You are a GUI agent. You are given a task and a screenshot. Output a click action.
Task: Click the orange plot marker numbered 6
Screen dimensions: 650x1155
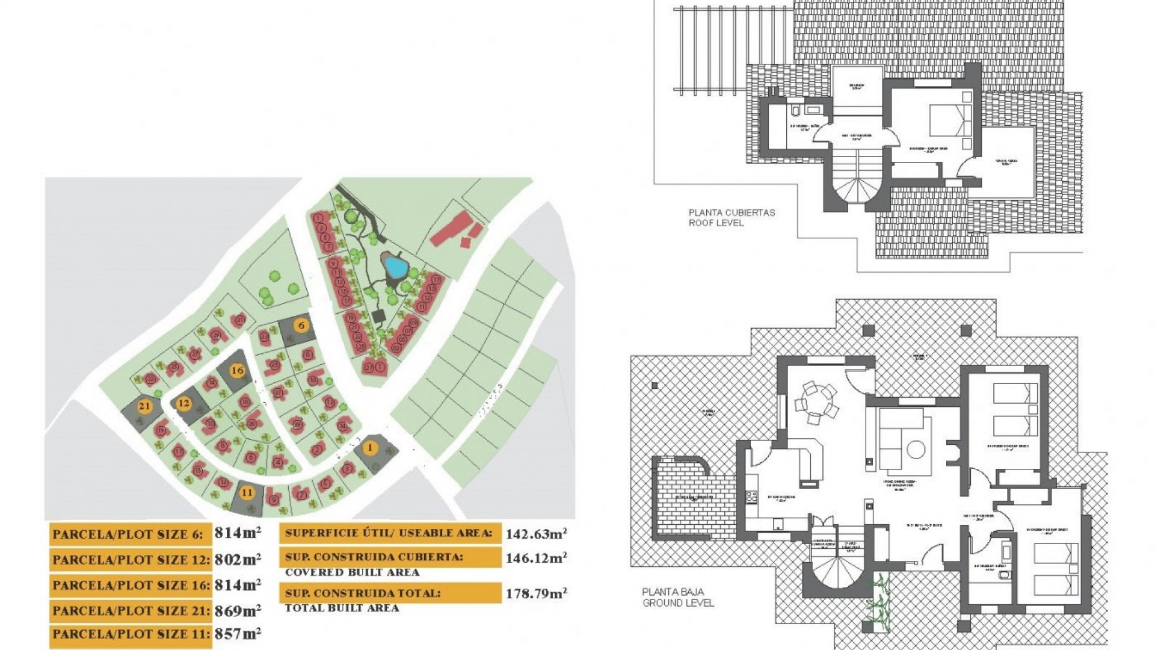pyautogui.click(x=301, y=326)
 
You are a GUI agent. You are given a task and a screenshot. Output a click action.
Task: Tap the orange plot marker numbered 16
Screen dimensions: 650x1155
pyautogui.click(x=237, y=370)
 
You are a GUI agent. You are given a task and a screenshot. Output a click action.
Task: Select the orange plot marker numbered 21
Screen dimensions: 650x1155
pyautogui.click(x=144, y=406)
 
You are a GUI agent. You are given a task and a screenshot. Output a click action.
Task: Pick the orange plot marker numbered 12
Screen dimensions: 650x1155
pyautogui.click(x=183, y=403)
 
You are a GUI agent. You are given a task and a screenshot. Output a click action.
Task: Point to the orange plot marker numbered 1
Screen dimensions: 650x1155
pyautogui.click(x=370, y=447)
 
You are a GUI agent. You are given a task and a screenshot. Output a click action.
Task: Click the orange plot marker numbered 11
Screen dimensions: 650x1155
pyautogui.click(x=247, y=492)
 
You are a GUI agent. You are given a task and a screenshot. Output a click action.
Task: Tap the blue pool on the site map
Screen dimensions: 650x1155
pyautogui.click(x=395, y=264)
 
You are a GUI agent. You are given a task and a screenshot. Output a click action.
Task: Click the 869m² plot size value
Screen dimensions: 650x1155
pyautogui.click(x=238, y=610)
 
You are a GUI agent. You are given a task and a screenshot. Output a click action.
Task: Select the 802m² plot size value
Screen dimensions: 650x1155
pyautogui.click(x=238, y=559)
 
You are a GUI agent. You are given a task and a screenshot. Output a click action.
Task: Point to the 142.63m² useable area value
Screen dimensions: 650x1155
pyautogui.click(x=535, y=534)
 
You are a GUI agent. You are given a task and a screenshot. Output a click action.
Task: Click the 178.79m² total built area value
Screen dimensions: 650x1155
pyautogui.click(x=535, y=593)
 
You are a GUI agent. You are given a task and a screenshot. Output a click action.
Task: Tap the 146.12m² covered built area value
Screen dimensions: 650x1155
pyautogui.click(x=535, y=558)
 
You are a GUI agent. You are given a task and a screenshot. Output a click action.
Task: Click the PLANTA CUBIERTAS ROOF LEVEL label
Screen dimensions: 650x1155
pyautogui.click(x=731, y=217)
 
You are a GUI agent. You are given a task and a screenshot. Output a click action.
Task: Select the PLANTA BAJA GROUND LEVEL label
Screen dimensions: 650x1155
pyautogui.click(x=678, y=597)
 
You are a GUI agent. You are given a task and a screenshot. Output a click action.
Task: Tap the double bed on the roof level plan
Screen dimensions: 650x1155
pyautogui.click(x=950, y=120)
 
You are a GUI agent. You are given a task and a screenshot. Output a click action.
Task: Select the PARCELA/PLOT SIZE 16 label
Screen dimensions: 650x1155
pyautogui.click(x=131, y=585)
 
